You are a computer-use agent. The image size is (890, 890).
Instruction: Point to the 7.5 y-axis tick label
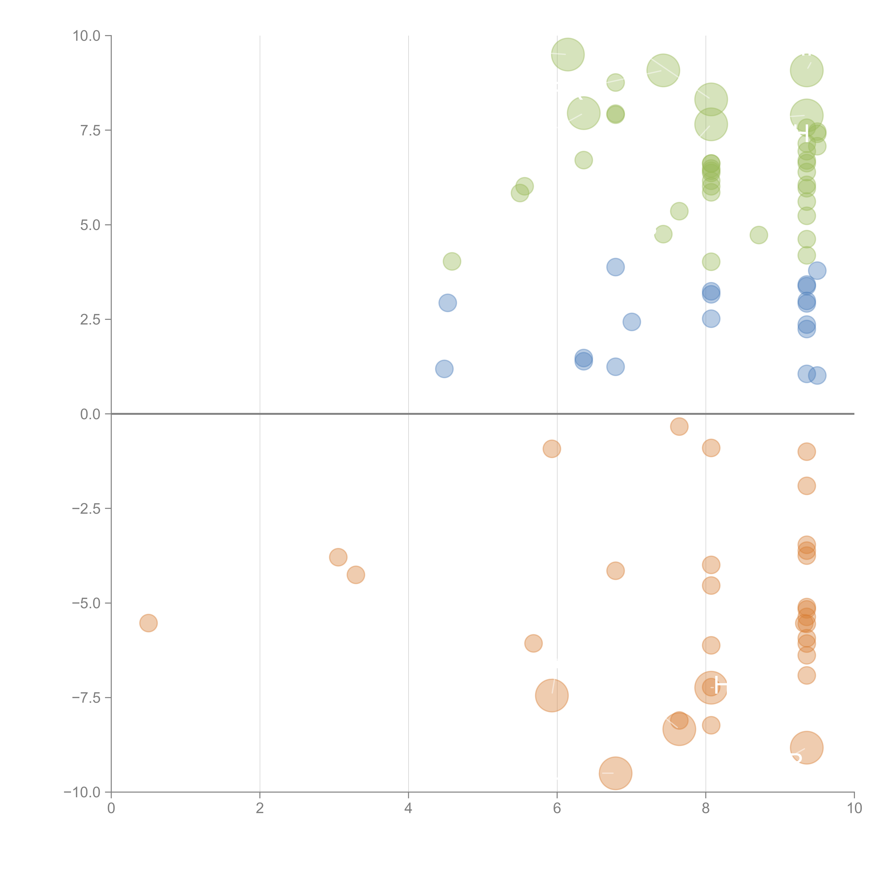click(x=90, y=130)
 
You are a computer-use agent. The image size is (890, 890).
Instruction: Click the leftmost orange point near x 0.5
click(x=148, y=623)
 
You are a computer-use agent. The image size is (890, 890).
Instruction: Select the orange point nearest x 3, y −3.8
click(x=338, y=557)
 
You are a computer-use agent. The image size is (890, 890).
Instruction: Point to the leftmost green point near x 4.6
click(x=452, y=262)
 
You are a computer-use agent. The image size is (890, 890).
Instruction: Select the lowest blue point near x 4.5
click(x=444, y=369)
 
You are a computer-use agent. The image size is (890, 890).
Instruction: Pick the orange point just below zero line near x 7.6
click(x=679, y=426)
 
